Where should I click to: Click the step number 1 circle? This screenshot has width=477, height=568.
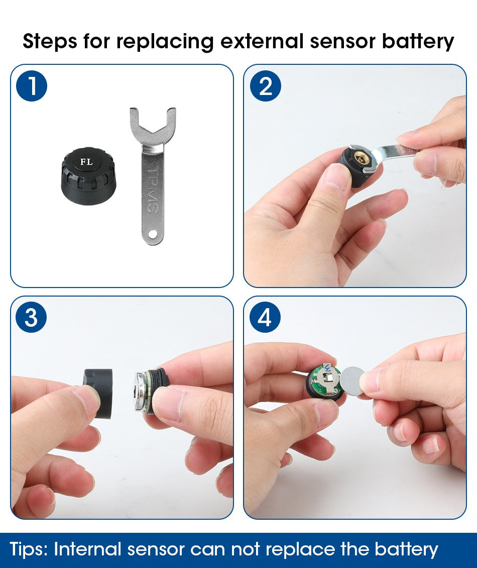click(32, 86)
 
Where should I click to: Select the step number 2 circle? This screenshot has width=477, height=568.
click(265, 86)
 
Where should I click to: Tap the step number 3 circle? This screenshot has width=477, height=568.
click(32, 318)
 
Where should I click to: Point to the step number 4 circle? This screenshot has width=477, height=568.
click(265, 318)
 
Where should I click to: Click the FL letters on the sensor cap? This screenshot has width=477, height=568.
click(86, 162)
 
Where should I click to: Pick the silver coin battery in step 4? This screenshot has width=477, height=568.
click(355, 380)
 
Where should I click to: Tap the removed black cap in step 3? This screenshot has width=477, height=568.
click(97, 392)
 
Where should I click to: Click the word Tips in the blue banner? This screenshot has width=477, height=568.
click(28, 549)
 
